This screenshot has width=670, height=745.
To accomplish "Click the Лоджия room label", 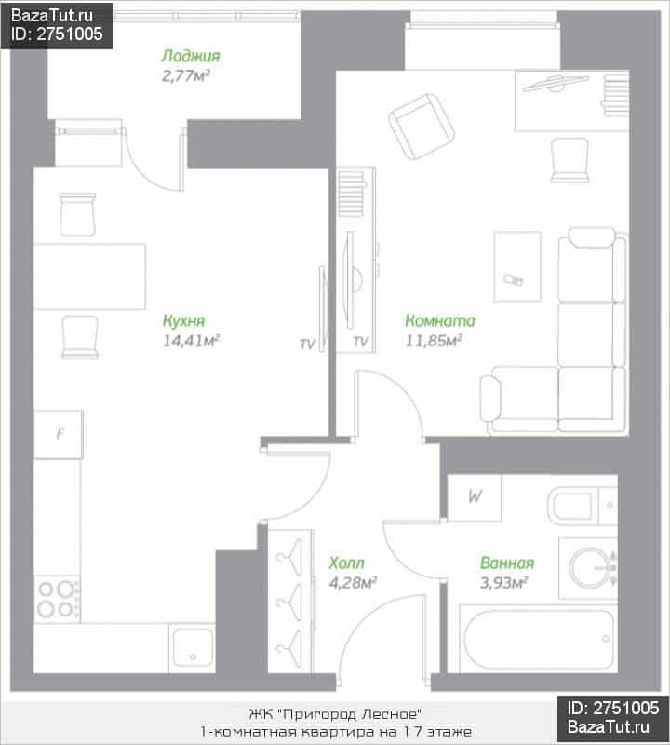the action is coord(191,56).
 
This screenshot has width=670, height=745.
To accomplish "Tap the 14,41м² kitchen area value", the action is coord(191,341).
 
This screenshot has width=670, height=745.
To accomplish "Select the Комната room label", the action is coord(440,320).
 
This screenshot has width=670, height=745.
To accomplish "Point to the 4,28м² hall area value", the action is coord(353,583).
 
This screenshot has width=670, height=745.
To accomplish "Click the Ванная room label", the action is coord(507,562).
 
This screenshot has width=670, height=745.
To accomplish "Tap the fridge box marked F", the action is coord(59,434).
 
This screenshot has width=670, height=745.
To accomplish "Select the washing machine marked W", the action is coord(474,497).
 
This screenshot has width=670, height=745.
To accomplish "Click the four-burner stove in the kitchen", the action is coord(57,599).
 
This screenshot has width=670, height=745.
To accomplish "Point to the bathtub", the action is coord(539,639).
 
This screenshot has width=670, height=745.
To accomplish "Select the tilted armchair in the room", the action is coord(422,127).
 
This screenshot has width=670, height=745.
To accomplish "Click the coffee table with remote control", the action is coord(517,266).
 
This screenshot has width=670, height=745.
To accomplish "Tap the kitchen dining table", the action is coord(89,277).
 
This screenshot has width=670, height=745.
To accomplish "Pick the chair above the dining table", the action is coord(77,214).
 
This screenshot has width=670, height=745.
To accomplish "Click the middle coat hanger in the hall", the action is coord(289,602).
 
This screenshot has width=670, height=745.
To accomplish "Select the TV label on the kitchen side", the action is coord(307,344).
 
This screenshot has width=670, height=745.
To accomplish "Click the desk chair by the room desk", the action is coord(569,160).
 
